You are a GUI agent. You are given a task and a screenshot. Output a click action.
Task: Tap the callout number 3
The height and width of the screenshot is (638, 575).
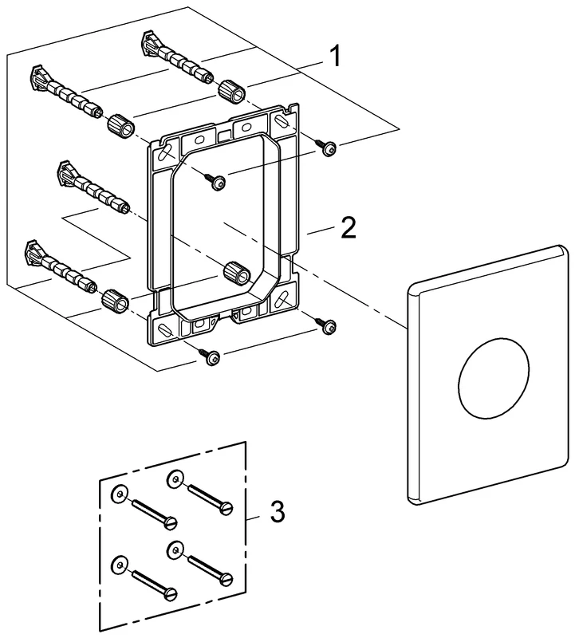point(276,511)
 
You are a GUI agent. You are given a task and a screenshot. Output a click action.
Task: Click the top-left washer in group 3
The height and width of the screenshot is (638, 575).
point(119,494)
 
